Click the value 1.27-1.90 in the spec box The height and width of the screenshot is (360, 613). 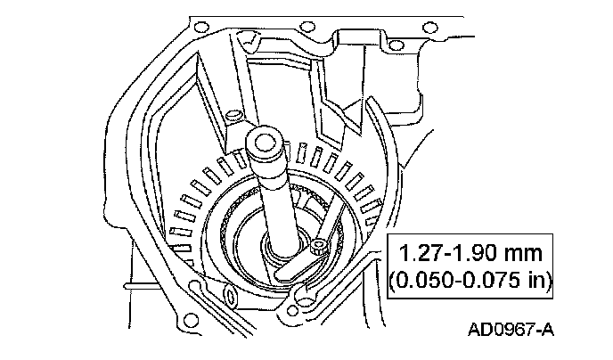pos(445,254)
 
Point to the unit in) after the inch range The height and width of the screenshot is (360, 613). pos(541,280)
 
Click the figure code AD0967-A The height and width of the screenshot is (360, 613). pos(511,330)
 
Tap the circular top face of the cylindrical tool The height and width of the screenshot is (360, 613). pos(265,140)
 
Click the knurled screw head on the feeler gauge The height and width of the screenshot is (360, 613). pos(319,248)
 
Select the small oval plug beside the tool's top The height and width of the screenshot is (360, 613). pos(233,114)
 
